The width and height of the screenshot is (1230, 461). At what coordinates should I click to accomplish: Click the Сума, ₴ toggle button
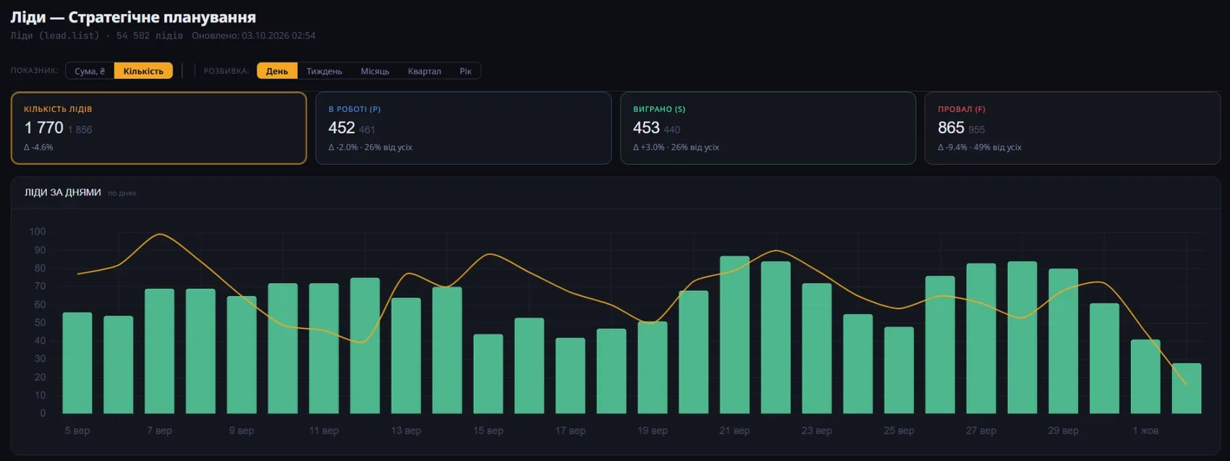(x=90, y=71)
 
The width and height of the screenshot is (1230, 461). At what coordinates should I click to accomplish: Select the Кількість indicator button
(x=143, y=71)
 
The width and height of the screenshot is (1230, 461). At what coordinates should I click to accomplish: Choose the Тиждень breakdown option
(x=324, y=71)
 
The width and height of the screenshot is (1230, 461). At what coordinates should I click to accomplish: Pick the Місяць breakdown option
(x=375, y=71)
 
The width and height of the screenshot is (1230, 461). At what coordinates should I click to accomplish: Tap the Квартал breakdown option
(x=425, y=71)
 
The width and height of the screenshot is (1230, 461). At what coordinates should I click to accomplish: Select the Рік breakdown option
(x=466, y=71)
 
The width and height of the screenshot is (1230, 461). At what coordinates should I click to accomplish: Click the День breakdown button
(x=276, y=71)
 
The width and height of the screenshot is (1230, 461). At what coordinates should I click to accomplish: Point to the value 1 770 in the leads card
(x=44, y=128)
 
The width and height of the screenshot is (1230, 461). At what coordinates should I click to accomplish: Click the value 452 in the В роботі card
(x=342, y=128)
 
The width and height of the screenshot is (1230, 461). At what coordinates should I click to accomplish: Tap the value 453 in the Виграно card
(x=646, y=128)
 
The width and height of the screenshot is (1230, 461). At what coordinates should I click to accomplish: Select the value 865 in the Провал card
(x=951, y=128)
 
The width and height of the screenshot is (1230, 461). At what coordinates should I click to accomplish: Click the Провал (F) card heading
(x=962, y=109)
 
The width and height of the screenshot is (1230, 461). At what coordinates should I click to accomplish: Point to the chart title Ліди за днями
(x=63, y=193)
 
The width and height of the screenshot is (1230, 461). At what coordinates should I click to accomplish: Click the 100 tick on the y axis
(x=38, y=232)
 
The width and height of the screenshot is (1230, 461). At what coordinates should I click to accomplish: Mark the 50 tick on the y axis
(x=40, y=323)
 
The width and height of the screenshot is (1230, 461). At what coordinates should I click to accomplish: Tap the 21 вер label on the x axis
(x=734, y=431)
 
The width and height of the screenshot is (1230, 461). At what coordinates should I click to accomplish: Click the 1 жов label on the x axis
(x=1145, y=431)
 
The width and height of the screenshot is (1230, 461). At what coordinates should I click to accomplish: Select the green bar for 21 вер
(x=734, y=334)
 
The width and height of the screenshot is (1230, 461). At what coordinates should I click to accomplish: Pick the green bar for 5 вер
(x=77, y=363)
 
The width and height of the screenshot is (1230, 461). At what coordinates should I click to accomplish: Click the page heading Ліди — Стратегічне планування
(x=133, y=17)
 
